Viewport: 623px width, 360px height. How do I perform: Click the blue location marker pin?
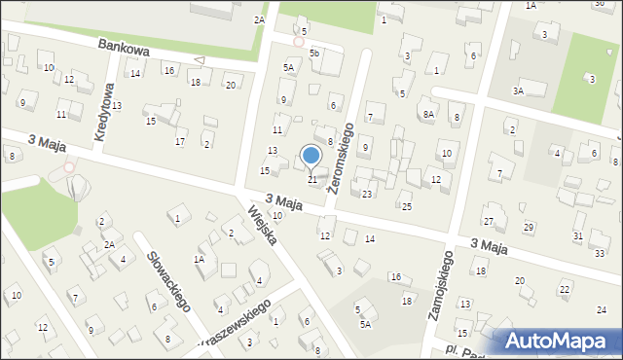311,156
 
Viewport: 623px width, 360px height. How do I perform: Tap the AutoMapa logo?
558,341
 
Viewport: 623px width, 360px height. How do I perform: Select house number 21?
312,180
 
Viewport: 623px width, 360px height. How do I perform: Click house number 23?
367,195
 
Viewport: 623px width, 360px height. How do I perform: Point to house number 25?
407,206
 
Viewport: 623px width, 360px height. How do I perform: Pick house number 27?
489,222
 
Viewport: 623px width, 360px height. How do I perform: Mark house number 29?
529,227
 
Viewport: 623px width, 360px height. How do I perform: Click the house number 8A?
428,114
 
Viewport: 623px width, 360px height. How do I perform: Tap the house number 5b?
314,52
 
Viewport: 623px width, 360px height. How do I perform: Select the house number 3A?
519,90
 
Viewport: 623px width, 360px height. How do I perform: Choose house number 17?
180,142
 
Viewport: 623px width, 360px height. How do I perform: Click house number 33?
599,253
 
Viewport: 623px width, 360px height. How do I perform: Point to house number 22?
565,290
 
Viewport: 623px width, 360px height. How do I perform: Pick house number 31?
578,236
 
